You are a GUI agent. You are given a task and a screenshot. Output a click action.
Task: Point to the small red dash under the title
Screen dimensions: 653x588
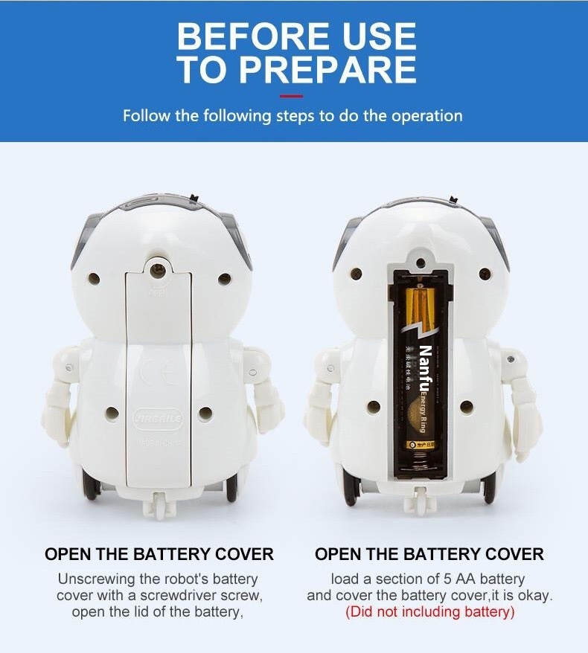pos(292,96)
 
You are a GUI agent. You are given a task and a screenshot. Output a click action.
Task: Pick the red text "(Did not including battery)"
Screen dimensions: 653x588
pos(429,613)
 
